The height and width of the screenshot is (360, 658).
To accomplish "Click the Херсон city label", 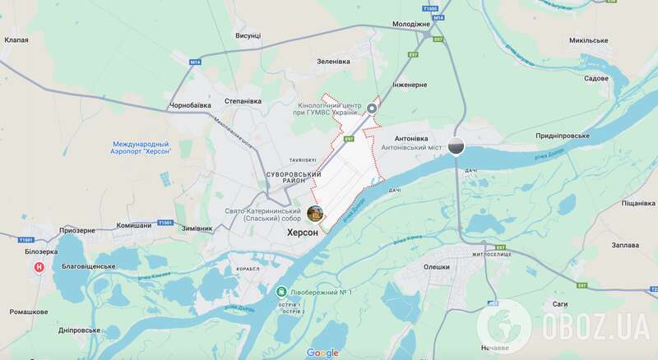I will (302, 233).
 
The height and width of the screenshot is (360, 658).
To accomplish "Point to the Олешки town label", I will (436, 266).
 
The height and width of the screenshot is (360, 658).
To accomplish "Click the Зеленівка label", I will (334, 62).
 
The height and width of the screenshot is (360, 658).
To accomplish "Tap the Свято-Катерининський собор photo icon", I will (315, 213).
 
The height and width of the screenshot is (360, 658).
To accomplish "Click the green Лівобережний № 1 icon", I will (281, 291).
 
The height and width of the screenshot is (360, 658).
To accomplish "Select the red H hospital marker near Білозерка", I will (37, 267).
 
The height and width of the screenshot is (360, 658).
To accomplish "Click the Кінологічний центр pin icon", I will (372, 108).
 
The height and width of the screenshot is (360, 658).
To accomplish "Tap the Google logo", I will (322, 353).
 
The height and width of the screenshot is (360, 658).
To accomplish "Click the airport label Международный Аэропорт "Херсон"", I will (145, 150).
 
